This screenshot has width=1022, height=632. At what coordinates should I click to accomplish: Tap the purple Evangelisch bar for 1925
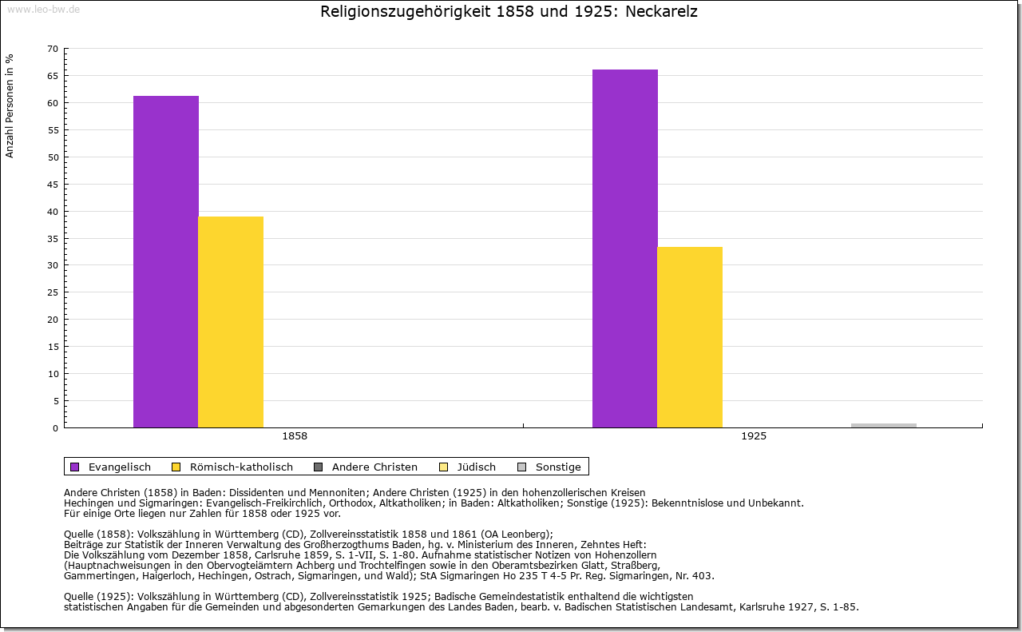[x=624, y=248]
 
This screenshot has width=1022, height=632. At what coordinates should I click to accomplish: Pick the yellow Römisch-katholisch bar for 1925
[x=690, y=337]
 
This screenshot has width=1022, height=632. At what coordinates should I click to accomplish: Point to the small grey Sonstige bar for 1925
[x=883, y=425]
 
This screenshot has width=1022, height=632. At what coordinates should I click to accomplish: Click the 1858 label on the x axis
[x=295, y=436]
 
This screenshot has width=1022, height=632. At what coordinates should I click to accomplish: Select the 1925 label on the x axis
[x=753, y=436]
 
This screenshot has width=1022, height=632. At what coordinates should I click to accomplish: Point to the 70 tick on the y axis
[x=52, y=49]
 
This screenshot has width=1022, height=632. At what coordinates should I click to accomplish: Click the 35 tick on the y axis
[x=52, y=238]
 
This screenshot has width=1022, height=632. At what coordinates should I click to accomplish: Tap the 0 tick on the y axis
[x=55, y=427]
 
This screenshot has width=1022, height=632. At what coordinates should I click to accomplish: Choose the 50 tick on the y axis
[x=52, y=157]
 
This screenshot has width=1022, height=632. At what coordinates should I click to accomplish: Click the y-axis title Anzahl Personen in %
[x=10, y=105]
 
